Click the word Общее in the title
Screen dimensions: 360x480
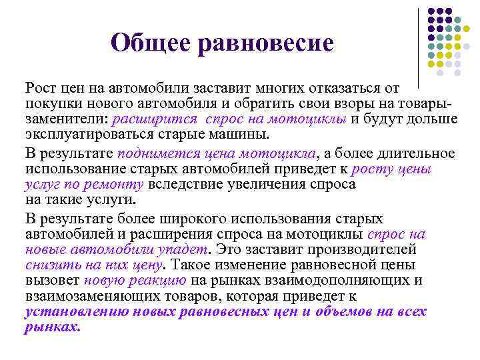pos(149,44)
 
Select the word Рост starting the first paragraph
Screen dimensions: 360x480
pos(41,89)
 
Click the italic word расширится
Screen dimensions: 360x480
pos(155,119)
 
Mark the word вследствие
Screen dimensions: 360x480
pos(186,185)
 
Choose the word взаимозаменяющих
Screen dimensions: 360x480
pos(88,296)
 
